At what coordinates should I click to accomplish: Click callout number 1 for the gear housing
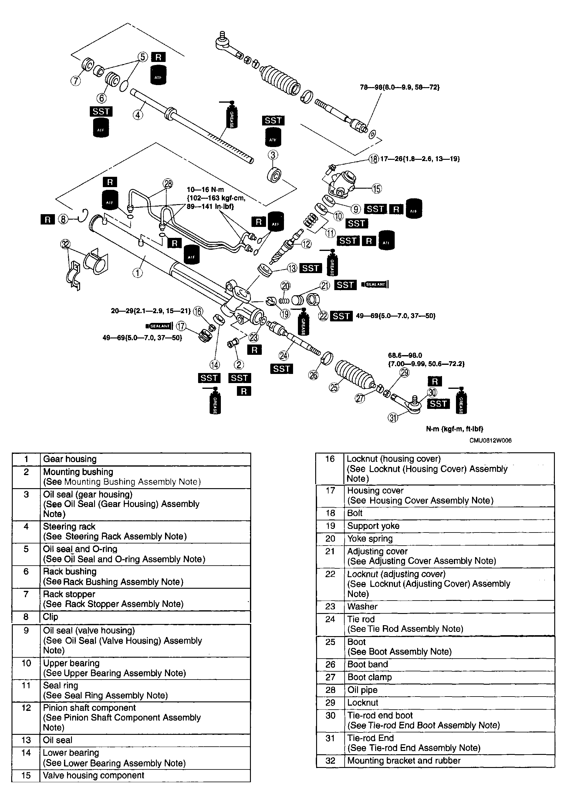tap(138, 273)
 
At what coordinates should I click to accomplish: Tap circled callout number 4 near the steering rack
tap(138, 115)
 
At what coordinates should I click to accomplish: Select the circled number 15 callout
tap(376, 189)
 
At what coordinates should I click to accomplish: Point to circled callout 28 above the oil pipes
tap(168, 183)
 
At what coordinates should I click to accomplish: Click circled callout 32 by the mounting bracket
tap(66, 244)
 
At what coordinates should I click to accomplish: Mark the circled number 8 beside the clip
tap(63, 220)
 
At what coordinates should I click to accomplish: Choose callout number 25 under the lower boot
tap(334, 387)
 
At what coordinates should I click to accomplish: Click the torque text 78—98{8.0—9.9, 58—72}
tap(400, 87)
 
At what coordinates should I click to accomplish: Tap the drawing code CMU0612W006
tap(490, 440)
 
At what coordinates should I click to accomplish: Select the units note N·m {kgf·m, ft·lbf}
tap(454, 429)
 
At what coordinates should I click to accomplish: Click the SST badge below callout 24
tap(282, 369)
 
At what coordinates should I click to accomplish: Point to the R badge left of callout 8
tap(48, 220)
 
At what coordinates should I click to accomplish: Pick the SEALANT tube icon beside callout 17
tap(159, 326)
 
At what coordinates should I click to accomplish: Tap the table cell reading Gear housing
tap(70, 459)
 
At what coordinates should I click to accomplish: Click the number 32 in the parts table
tap(330, 760)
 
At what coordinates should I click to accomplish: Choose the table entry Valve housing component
tap(93, 775)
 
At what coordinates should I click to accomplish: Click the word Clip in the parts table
tap(50, 617)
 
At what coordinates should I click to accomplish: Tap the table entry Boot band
tap(368, 664)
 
